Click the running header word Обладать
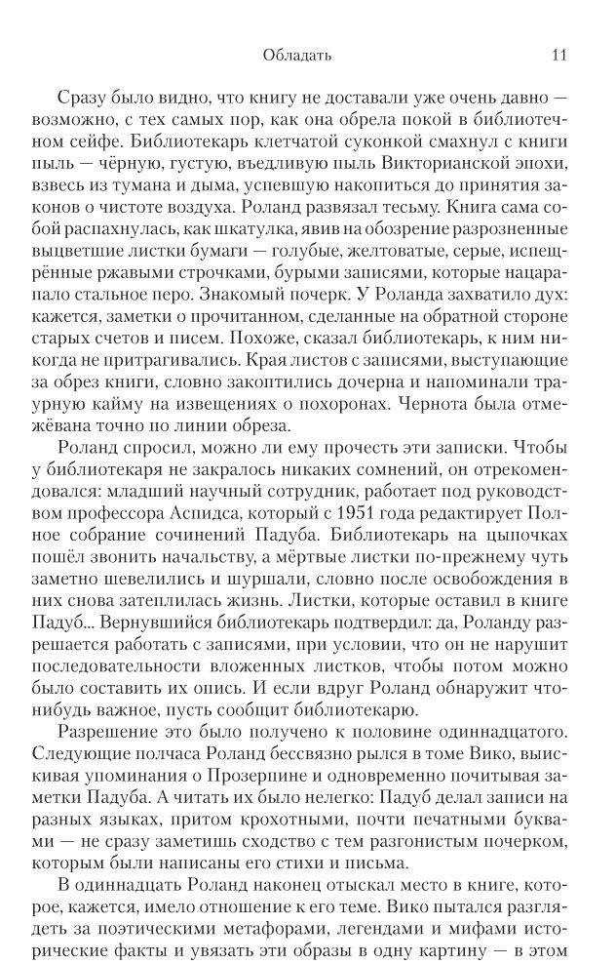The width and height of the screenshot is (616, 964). coord(297,56)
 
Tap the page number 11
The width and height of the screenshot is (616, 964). coord(558,56)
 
